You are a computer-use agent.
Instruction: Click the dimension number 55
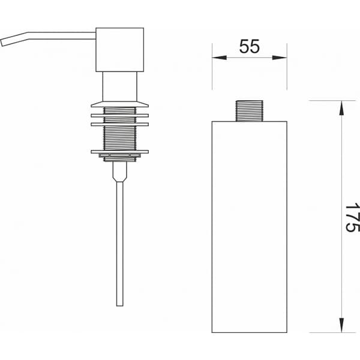(250, 46)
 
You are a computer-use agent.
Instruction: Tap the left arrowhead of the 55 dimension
(219, 58)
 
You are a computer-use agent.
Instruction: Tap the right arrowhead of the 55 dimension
(280, 58)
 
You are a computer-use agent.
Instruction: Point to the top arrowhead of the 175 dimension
(341, 108)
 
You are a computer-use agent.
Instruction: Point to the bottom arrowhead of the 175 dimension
(341, 325)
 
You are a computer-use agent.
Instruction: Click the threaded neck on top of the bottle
(250, 111)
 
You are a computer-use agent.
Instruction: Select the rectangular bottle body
(250, 227)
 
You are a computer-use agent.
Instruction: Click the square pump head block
(120, 50)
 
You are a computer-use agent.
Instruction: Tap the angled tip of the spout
(3, 43)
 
